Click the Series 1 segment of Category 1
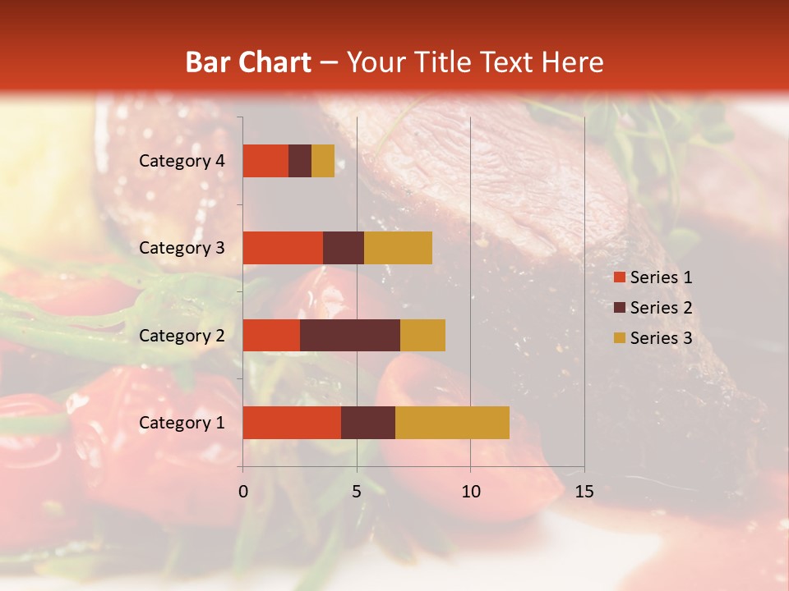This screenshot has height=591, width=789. click(x=292, y=423)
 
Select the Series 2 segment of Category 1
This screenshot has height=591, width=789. click(x=368, y=423)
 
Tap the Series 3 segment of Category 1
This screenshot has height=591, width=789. click(x=452, y=423)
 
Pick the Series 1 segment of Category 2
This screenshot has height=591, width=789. click(x=271, y=335)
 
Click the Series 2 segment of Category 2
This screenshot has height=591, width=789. click(x=350, y=335)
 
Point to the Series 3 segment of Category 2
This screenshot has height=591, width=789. click(x=422, y=335)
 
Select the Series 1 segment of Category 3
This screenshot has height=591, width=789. click(x=283, y=248)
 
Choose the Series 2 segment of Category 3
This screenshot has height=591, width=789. click(x=344, y=248)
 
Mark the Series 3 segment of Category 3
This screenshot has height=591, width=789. click(x=398, y=248)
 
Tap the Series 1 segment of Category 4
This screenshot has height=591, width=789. click(x=265, y=161)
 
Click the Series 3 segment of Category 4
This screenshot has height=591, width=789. click(x=323, y=161)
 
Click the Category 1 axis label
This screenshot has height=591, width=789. click(x=182, y=423)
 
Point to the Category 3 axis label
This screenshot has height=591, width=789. click(x=182, y=248)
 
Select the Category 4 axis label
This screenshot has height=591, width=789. click(x=182, y=161)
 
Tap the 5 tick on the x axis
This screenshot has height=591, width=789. click(x=357, y=492)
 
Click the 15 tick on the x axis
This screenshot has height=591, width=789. click(x=584, y=492)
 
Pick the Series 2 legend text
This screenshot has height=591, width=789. click(x=661, y=308)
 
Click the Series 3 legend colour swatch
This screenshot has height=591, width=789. click(x=619, y=338)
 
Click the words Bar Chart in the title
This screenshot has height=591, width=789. click(x=247, y=62)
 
